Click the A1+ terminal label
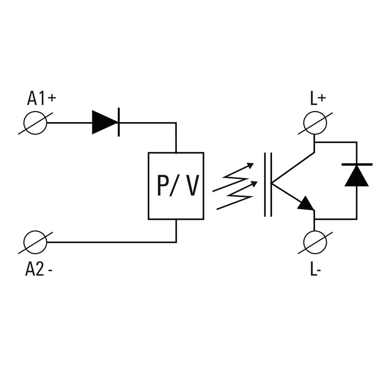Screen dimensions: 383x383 [x=42, y=99]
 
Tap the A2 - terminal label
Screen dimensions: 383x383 [x=39, y=270]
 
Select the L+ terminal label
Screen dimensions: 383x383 [x=317, y=99]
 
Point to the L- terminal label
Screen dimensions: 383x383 [x=315, y=270]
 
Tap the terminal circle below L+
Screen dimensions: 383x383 [x=315, y=123]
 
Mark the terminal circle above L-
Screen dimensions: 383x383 [x=315, y=242]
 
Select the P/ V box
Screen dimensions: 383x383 [x=176, y=185]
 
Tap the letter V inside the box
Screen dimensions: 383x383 [x=191, y=186]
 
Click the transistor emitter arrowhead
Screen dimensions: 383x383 [x=305, y=204]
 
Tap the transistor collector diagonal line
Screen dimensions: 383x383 [x=293, y=167]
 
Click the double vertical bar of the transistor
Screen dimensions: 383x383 [x=268, y=184]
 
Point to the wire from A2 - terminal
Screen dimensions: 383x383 [x=110, y=242]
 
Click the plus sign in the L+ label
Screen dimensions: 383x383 [x=322, y=98]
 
